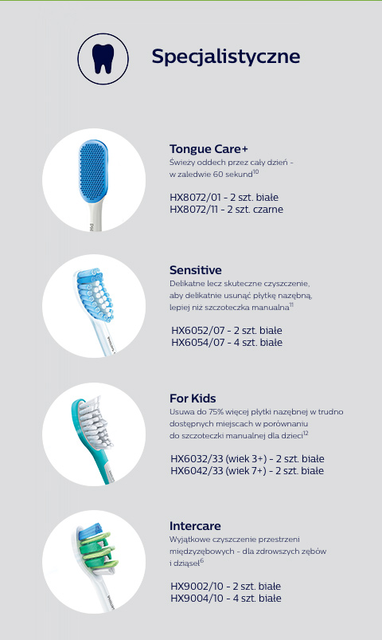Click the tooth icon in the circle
[103, 59]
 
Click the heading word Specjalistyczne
[226, 57]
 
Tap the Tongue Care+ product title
[209, 149]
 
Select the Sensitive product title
[196, 270]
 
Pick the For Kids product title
[193, 399]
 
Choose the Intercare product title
[195, 526]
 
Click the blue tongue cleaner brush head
[93, 171]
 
